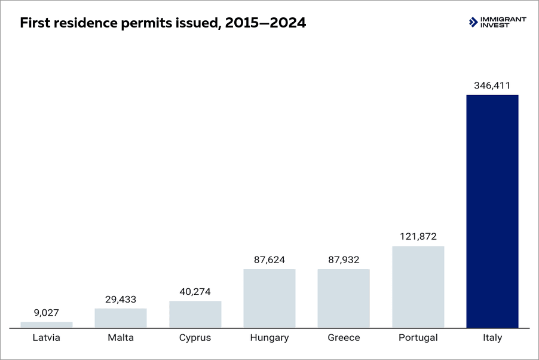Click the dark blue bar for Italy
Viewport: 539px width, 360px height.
492,211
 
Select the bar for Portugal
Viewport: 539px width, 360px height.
418,286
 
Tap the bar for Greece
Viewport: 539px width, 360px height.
344,298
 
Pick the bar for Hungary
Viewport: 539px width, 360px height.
269,298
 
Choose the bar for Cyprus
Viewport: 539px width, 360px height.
195,314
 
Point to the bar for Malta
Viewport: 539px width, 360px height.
121,318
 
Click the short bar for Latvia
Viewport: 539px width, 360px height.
47,325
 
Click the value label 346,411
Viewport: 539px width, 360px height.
492,86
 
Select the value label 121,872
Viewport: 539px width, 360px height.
418,237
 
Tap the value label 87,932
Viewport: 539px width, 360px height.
344,260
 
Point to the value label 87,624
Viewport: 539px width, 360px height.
269,260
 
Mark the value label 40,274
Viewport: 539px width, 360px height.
195,292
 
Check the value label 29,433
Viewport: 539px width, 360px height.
121,299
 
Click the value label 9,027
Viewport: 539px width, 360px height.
47,313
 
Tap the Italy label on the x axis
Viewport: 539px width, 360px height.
492,338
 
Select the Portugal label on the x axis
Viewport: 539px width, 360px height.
418,338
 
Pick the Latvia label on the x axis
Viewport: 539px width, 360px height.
47,338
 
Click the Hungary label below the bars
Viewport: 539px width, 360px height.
269,338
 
